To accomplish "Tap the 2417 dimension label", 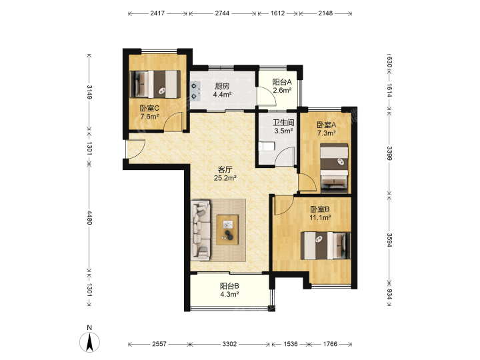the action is click(x=157, y=13).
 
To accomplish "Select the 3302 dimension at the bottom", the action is click(x=229, y=344).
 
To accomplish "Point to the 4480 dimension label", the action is click(x=89, y=217).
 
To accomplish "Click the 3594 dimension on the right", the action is click(x=389, y=240).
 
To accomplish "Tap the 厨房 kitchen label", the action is click(x=222, y=86).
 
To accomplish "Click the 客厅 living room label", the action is click(x=225, y=169).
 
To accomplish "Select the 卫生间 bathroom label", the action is click(x=283, y=123).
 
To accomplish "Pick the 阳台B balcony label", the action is click(x=229, y=286).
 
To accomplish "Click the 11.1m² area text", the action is click(x=320, y=217).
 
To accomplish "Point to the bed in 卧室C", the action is click(x=155, y=84).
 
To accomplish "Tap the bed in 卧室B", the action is click(x=326, y=246).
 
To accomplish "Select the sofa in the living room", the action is click(x=201, y=230).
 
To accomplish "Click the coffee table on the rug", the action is click(x=227, y=230).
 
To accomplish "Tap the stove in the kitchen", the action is click(x=195, y=91).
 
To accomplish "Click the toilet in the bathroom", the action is click(x=267, y=147).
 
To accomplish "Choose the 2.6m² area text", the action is click(x=282, y=90).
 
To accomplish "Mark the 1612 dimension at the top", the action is click(x=277, y=13).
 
